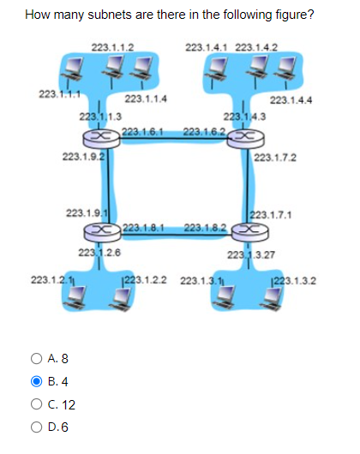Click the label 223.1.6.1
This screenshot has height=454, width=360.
click(x=141, y=131)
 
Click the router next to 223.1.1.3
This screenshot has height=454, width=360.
click(x=100, y=137)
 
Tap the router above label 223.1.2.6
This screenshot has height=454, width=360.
click(x=100, y=231)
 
